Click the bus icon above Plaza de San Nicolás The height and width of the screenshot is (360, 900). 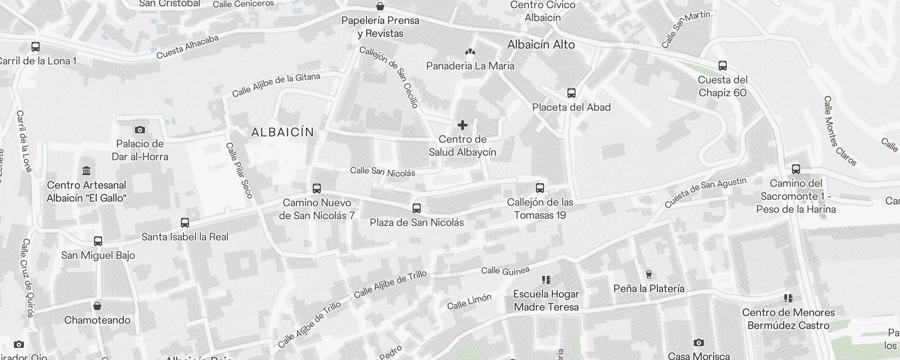(x=417, y=208)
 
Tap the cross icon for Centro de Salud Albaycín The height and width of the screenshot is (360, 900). (x=462, y=125)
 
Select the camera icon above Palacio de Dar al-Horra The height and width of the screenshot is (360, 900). (x=140, y=130)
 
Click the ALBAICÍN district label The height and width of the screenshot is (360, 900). (x=283, y=132)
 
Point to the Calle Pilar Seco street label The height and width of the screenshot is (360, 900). (x=239, y=171)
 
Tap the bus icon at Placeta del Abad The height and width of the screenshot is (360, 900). (x=571, y=93)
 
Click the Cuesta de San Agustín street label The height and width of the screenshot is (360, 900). (x=705, y=192)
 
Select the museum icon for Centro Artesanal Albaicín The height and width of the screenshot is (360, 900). (x=86, y=171)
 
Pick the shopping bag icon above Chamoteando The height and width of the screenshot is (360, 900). (x=97, y=306)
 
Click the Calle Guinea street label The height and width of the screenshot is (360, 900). (x=505, y=270)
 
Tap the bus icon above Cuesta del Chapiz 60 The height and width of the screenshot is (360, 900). (x=723, y=66)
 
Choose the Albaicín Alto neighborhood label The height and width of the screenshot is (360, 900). (x=541, y=45)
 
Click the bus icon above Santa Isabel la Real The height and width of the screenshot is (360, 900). (x=185, y=223)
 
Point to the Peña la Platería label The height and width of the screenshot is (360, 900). (x=649, y=288)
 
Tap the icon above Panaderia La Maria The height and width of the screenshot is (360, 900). (x=470, y=52)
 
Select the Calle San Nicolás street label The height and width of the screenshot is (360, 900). (x=382, y=171)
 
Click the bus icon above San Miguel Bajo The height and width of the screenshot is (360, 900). (x=98, y=241)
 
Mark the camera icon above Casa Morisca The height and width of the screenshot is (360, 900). (x=698, y=343)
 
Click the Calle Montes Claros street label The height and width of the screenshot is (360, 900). (x=839, y=130)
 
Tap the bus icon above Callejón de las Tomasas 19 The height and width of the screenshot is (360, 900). (x=540, y=188)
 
